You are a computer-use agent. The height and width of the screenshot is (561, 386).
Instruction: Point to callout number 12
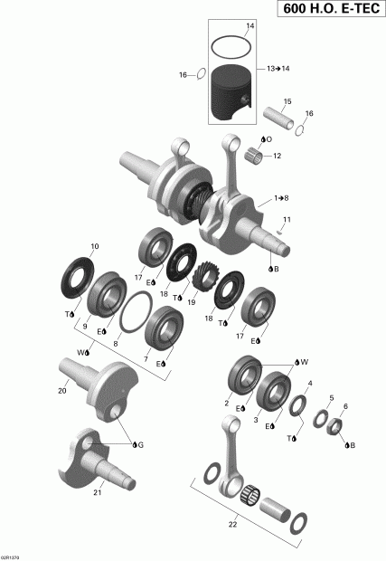pos(278,156)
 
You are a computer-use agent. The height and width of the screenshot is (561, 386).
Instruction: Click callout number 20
pos(62,391)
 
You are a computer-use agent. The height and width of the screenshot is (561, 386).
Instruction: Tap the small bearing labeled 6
pos(334,425)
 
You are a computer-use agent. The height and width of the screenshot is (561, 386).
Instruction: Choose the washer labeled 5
pos(318,419)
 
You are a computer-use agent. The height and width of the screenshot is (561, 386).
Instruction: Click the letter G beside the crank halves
pos(139,445)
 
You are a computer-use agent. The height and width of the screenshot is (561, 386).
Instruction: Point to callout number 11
pos(287,219)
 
